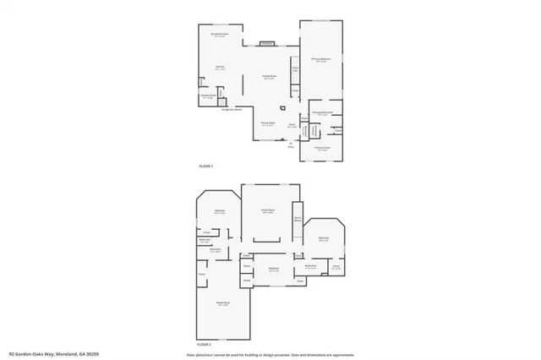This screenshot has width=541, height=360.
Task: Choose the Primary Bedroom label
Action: pyautogui.click(x=321, y=60)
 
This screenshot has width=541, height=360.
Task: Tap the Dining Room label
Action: pyautogui.click(x=267, y=123)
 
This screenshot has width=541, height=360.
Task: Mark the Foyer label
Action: pyautogui.click(x=292, y=125)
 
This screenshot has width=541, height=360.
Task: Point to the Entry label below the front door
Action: pyautogui.click(x=292, y=145)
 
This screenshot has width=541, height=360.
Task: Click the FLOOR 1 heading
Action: pyautogui.click(x=206, y=166)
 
